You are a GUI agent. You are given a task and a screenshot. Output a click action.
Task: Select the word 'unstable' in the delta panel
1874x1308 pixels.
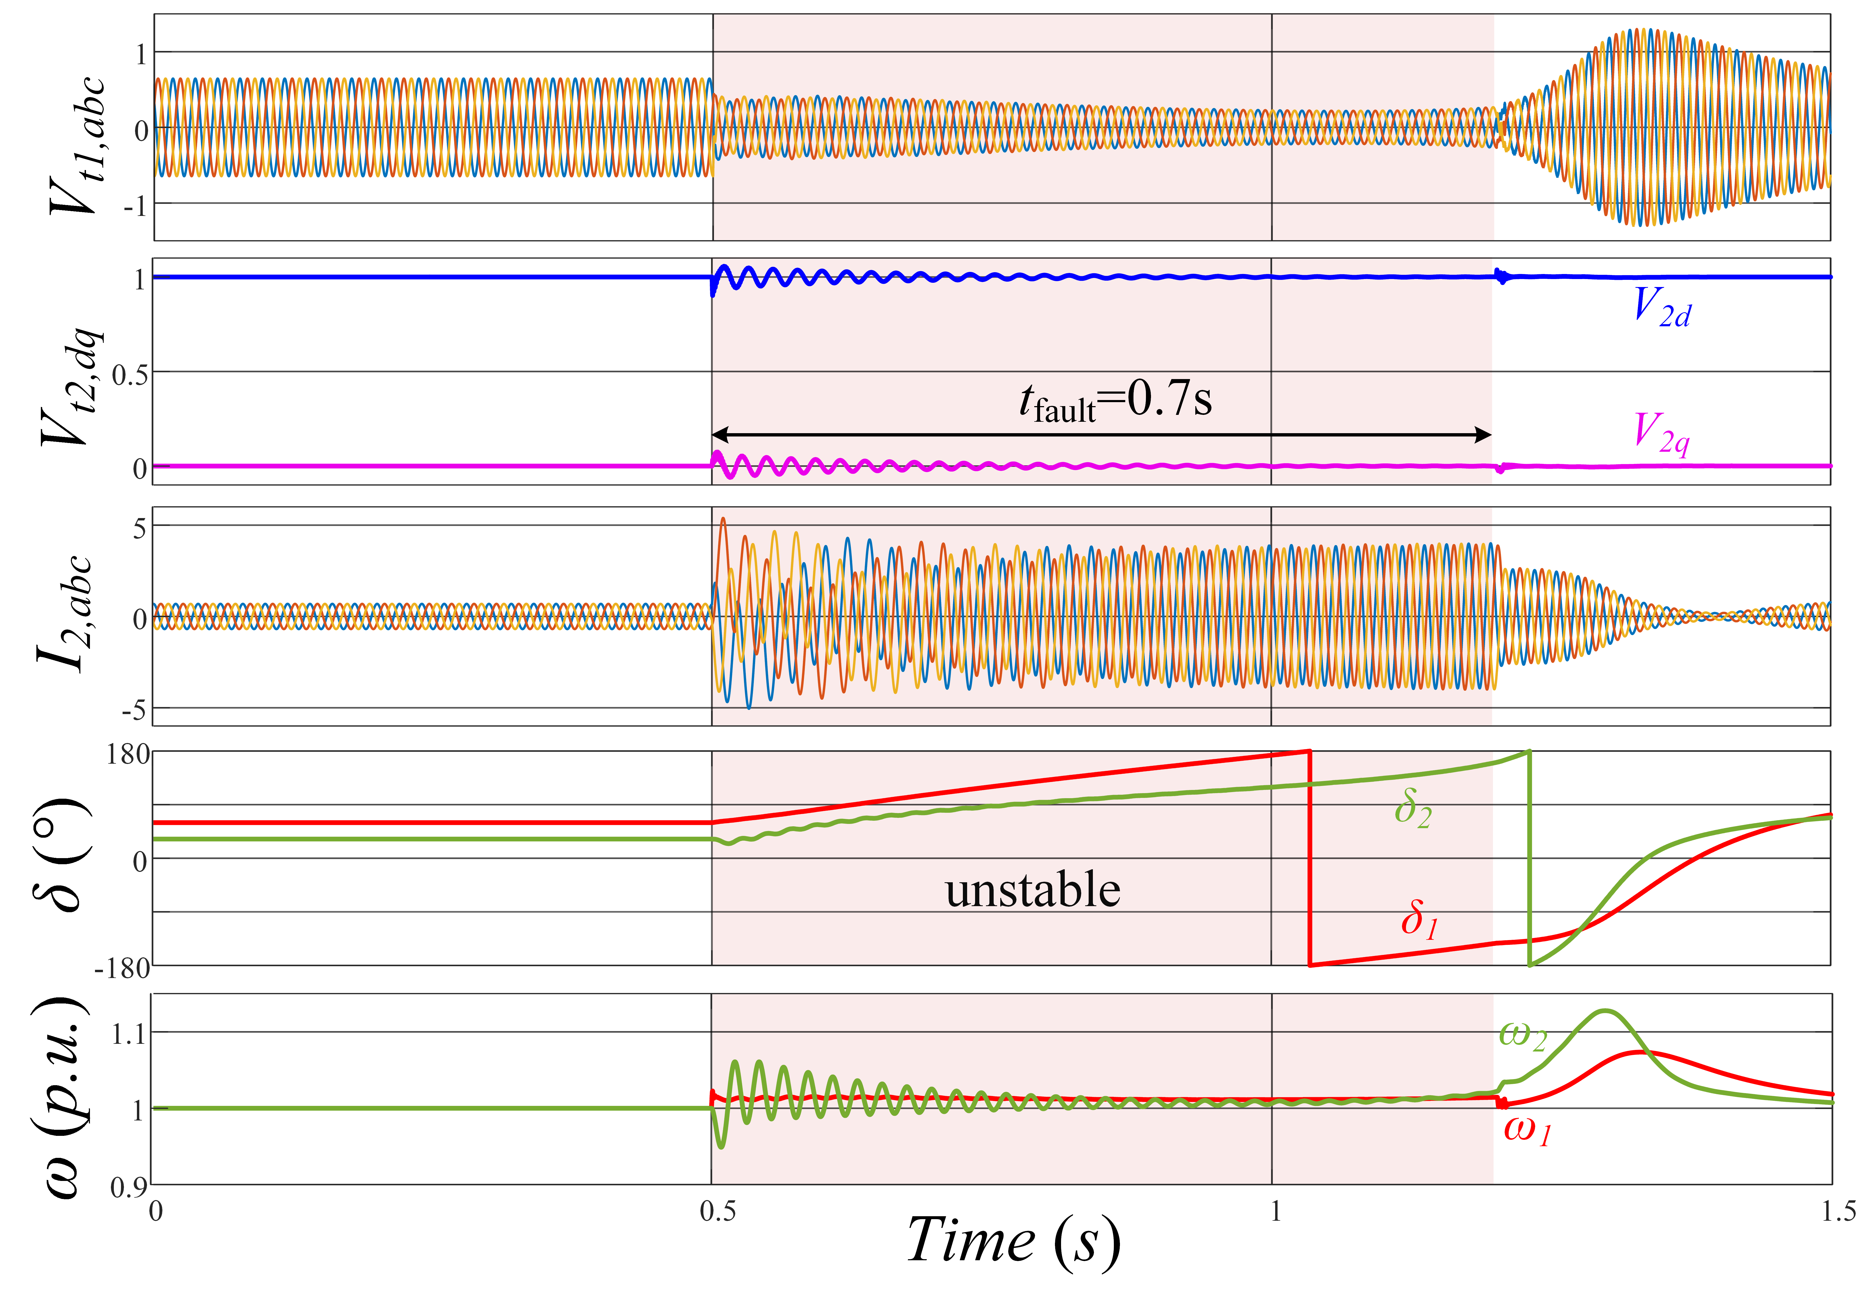point(1032,889)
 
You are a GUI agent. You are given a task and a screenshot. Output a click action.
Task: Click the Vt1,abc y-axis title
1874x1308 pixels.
point(77,147)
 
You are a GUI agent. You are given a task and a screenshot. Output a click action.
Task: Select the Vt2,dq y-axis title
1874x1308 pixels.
point(72,388)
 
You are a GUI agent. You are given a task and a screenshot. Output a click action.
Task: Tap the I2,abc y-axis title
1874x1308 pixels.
point(65,614)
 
